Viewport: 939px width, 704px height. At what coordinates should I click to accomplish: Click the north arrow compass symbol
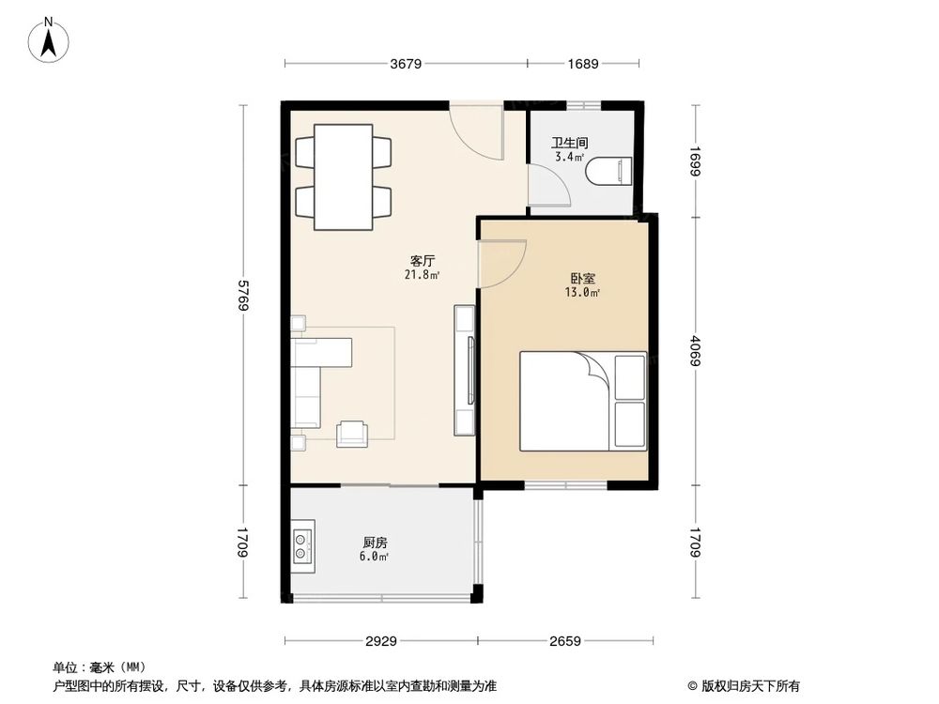pyautogui.click(x=53, y=40)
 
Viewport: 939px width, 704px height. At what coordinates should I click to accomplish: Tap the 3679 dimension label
pyautogui.click(x=406, y=65)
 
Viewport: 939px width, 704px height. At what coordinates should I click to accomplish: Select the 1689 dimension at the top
pyautogui.click(x=582, y=65)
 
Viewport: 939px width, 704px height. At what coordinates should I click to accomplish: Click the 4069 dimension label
pyautogui.click(x=695, y=351)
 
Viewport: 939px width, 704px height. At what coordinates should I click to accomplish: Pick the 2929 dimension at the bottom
pyautogui.click(x=380, y=642)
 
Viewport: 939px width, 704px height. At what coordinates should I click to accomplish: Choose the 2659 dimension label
pyautogui.click(x=564, y=642)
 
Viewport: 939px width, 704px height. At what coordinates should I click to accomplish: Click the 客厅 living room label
pyautogui.click(x=422, y=261)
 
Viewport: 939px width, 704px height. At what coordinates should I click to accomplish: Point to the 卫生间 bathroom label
pyautogui.click(x=570, y=144)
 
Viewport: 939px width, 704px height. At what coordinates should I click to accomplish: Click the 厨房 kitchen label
pyautogui.click(x=375, y=543)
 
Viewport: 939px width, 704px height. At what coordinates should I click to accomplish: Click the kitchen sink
pyautogui.click(x=303, y=547)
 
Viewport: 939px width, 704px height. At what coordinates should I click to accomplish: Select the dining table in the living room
pyautogui.click(x=343, y=176)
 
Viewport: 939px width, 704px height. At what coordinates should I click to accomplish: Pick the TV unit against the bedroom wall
pyautogui.click(x=465, y=370)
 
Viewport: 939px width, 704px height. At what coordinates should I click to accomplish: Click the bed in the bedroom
pyautogui.click(x=583, y=401)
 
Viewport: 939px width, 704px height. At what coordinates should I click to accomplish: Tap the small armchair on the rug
pyautogui.click(x=353, y=432)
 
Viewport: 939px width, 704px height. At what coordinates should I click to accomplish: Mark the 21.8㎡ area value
pyautogui.click(x=422, y=276)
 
